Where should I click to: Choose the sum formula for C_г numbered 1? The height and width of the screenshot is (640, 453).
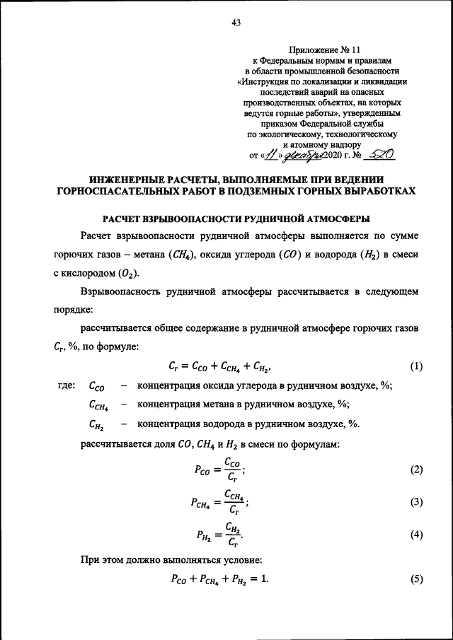[x=220, y=366]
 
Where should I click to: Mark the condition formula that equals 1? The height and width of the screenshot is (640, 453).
[x=220, y=580]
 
